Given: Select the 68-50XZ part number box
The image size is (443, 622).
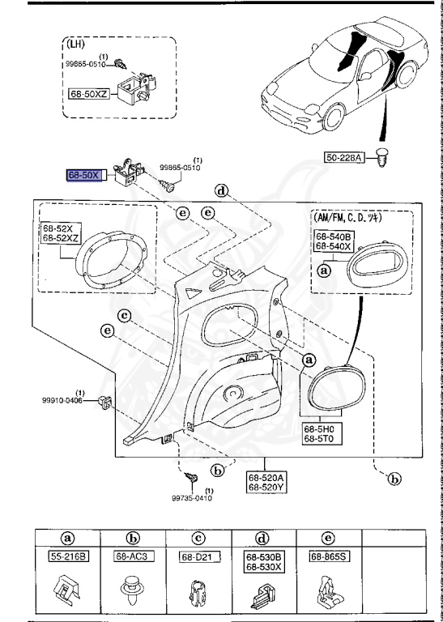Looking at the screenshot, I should (x=87, y=95).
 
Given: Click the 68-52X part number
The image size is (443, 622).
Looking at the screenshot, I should (x=58, y=229).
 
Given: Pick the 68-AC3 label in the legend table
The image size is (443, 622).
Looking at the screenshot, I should (x=134, y=556).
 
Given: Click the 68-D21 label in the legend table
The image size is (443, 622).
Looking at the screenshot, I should (x=192, y=556).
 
